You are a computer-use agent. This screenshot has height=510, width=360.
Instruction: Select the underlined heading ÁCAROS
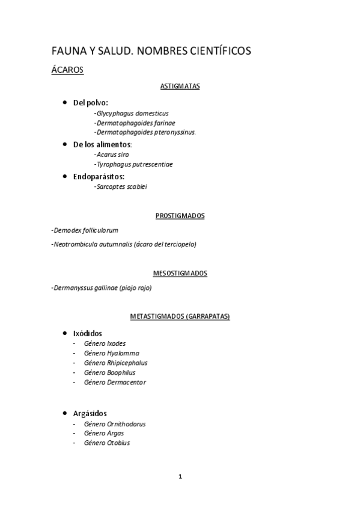tap(67, 70)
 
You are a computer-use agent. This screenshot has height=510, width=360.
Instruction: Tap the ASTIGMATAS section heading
tap(180, 86)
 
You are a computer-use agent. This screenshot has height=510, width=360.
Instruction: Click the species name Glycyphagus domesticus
tap(132, 113)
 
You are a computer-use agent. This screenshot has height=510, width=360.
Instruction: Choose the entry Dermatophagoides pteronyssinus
tap(145, 132)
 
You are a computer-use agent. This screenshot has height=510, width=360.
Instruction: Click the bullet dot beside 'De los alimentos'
tap(65, 144)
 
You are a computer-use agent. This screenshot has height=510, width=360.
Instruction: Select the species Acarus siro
tap(112, 155)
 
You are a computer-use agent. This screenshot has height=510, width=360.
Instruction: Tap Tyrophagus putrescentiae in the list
tap(134, 164)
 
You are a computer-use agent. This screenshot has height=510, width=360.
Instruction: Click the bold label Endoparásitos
tap(99, 177)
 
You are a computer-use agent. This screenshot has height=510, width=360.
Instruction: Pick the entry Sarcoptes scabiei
tap(121, 186)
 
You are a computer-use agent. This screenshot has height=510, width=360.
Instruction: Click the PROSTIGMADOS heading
tap(180, 215)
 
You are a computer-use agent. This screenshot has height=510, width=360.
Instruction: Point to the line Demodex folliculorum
tap(85, 230)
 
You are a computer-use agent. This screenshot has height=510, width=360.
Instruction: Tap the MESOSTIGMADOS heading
tap(180, 274)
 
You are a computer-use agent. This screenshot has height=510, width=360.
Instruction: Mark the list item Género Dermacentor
tap(115, 382)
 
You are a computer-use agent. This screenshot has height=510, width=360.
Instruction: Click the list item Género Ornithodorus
tap(115, 424)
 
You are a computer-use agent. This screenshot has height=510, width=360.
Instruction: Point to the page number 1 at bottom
tap(180, 477)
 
